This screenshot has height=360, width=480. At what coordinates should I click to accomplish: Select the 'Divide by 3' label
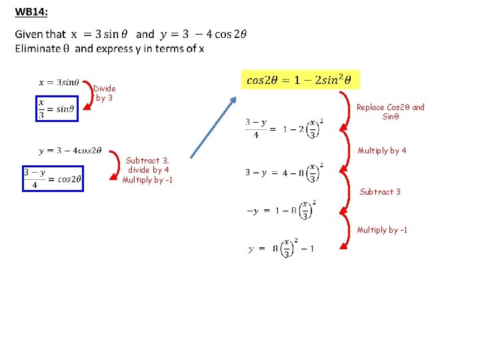(x=104, y=93)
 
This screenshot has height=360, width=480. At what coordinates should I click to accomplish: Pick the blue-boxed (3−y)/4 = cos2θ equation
(x=53, y=178)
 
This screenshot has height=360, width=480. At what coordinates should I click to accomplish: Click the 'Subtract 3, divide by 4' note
(x=147, y=165)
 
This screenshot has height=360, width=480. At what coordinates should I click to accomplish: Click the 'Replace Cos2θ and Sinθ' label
(x=390, y=111)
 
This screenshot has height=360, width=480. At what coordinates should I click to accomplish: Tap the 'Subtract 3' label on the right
(x=380, y=192)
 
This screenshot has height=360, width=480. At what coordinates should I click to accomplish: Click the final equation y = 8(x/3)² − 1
(x=281, y=248)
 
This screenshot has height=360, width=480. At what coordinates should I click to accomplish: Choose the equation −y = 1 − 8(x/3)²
(x=281, y=211)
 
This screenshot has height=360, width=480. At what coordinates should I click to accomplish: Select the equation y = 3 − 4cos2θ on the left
(x=71, y=151)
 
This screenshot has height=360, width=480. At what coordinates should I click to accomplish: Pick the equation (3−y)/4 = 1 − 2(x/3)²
(x=284, y=129)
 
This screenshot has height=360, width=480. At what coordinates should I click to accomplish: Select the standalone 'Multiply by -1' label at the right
(x=382, y=230)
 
